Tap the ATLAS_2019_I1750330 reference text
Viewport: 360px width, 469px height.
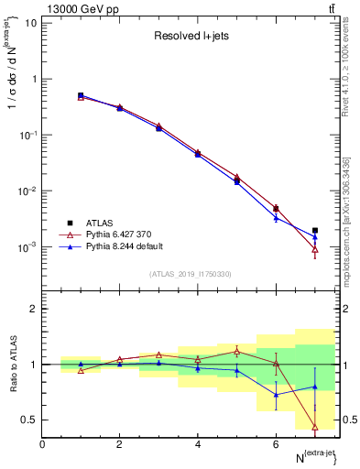point(191,274)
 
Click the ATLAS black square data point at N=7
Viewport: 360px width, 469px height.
point(315,231)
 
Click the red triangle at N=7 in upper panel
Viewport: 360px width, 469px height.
point(315,248)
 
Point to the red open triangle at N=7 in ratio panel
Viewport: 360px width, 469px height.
point(315,426)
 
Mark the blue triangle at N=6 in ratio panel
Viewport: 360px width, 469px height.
point(276,395)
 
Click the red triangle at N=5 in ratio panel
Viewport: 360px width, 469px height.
point(236,351)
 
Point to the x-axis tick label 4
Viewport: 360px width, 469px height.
point(198,444)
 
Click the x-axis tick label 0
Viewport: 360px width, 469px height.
point(42,444)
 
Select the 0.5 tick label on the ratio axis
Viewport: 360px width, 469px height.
point(29,420)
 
